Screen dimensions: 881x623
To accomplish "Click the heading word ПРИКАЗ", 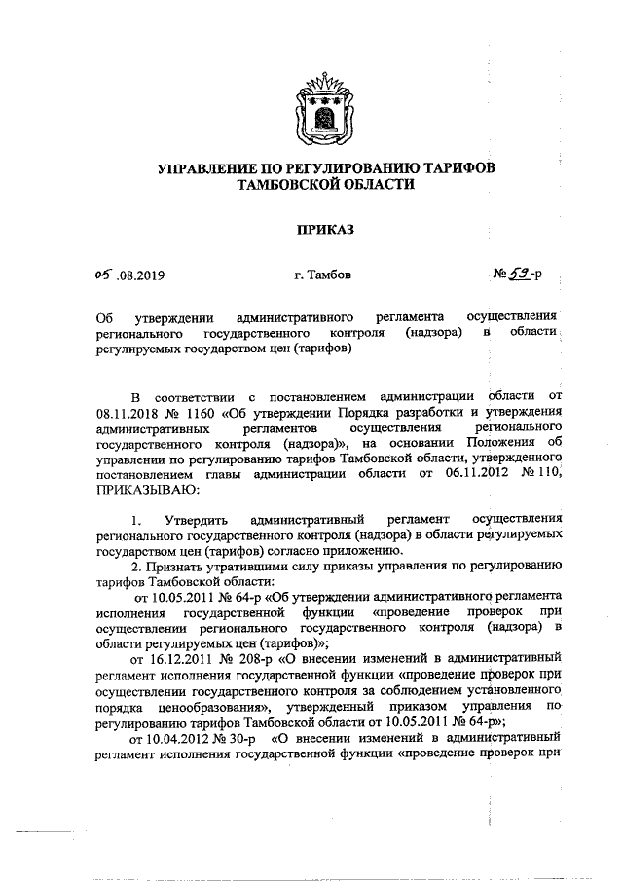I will tap(311, 230).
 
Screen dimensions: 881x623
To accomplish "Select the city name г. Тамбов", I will tap(315, 275).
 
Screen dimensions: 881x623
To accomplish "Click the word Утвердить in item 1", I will tap(198, 519).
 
